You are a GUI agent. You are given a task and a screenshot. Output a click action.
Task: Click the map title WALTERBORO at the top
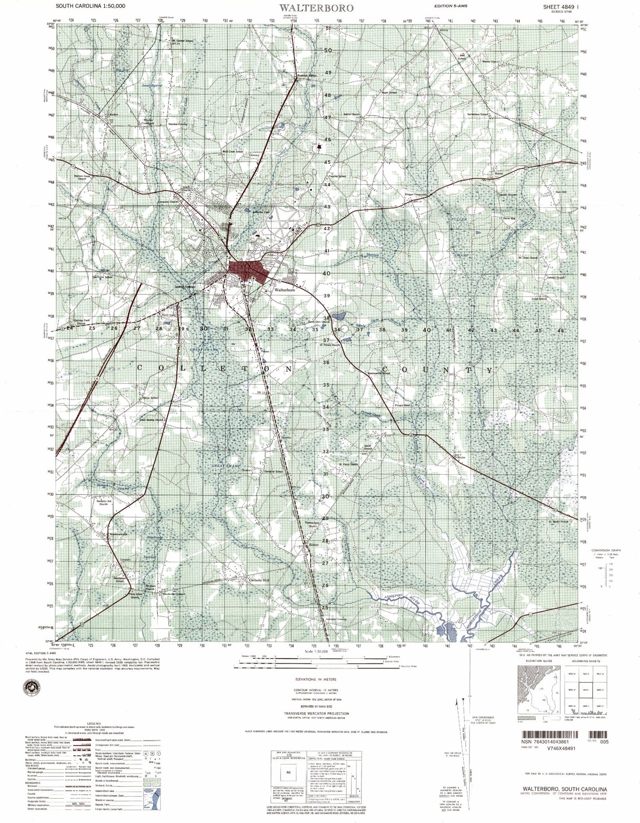(316, 8)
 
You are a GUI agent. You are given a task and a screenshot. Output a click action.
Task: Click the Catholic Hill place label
(262, 580)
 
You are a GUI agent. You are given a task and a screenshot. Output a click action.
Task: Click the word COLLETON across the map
(214, 368)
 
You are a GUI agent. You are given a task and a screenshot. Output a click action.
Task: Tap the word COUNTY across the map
(436, 370)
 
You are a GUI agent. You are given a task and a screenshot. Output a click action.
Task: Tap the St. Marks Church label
(558, 522)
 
